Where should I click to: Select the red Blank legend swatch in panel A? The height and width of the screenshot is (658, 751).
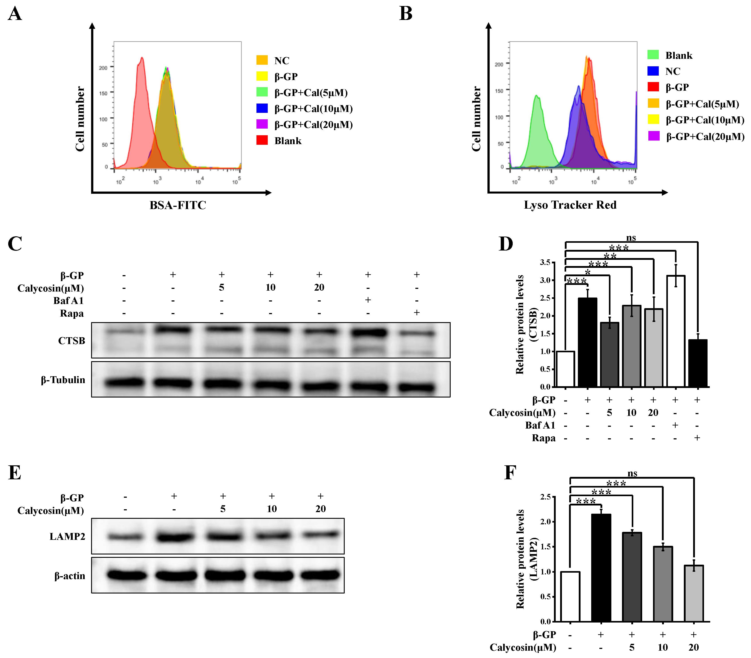point(262,140)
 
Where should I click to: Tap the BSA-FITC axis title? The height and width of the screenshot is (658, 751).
point(178,205)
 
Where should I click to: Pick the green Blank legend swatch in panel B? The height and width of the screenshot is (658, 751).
point(653,55)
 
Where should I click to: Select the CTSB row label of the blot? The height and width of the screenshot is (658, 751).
point(72,341)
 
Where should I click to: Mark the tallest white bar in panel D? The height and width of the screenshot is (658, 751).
point(675,331)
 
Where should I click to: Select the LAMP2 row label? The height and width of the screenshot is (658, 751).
point(67,537)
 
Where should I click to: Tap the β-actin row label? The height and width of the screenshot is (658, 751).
point(70,576)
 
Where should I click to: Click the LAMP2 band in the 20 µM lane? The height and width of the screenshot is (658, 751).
point(321,535)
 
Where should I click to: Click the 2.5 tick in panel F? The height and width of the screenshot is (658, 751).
point(546,497)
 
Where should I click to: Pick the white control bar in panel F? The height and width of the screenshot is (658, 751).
point(570,596)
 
